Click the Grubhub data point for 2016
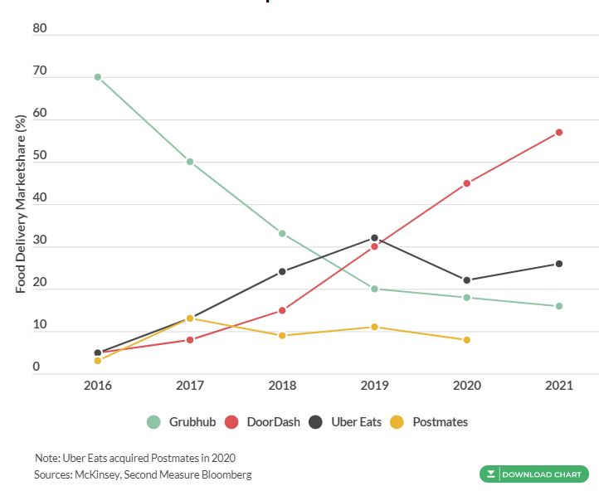pos(98,77)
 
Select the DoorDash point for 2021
pos(559,133)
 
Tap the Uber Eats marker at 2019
pos(374,238)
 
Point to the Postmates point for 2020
pos(467,340)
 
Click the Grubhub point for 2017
pos(190,162)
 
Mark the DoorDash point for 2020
pos(467,183)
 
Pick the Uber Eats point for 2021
pos(559,264)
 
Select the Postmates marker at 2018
pos(282,336)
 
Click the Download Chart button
pos(534,474)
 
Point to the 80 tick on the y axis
pos(40,29)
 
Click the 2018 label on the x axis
pos(282,386)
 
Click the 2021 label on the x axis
pos(559,386)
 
